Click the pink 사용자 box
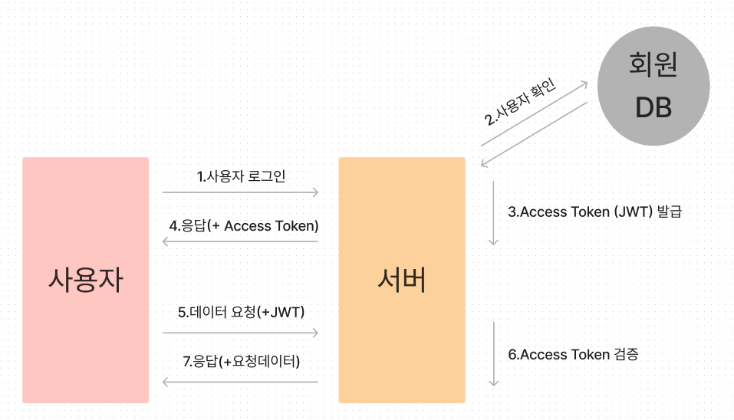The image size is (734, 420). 85,280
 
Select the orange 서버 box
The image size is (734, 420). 401,280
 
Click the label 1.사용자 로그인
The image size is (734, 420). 241,176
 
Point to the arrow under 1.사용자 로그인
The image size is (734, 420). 241,192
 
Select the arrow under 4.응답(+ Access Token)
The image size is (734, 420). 241,242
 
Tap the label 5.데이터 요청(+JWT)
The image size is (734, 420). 241,312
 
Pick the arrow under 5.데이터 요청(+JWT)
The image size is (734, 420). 241,333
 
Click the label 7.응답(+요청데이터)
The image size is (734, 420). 241,361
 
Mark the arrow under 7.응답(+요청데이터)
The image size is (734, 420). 241,381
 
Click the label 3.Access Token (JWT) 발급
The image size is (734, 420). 594,212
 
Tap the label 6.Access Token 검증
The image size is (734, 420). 573,355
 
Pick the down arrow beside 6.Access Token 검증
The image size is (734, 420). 493,354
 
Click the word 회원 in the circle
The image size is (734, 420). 653,67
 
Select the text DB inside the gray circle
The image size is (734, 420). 653,108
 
